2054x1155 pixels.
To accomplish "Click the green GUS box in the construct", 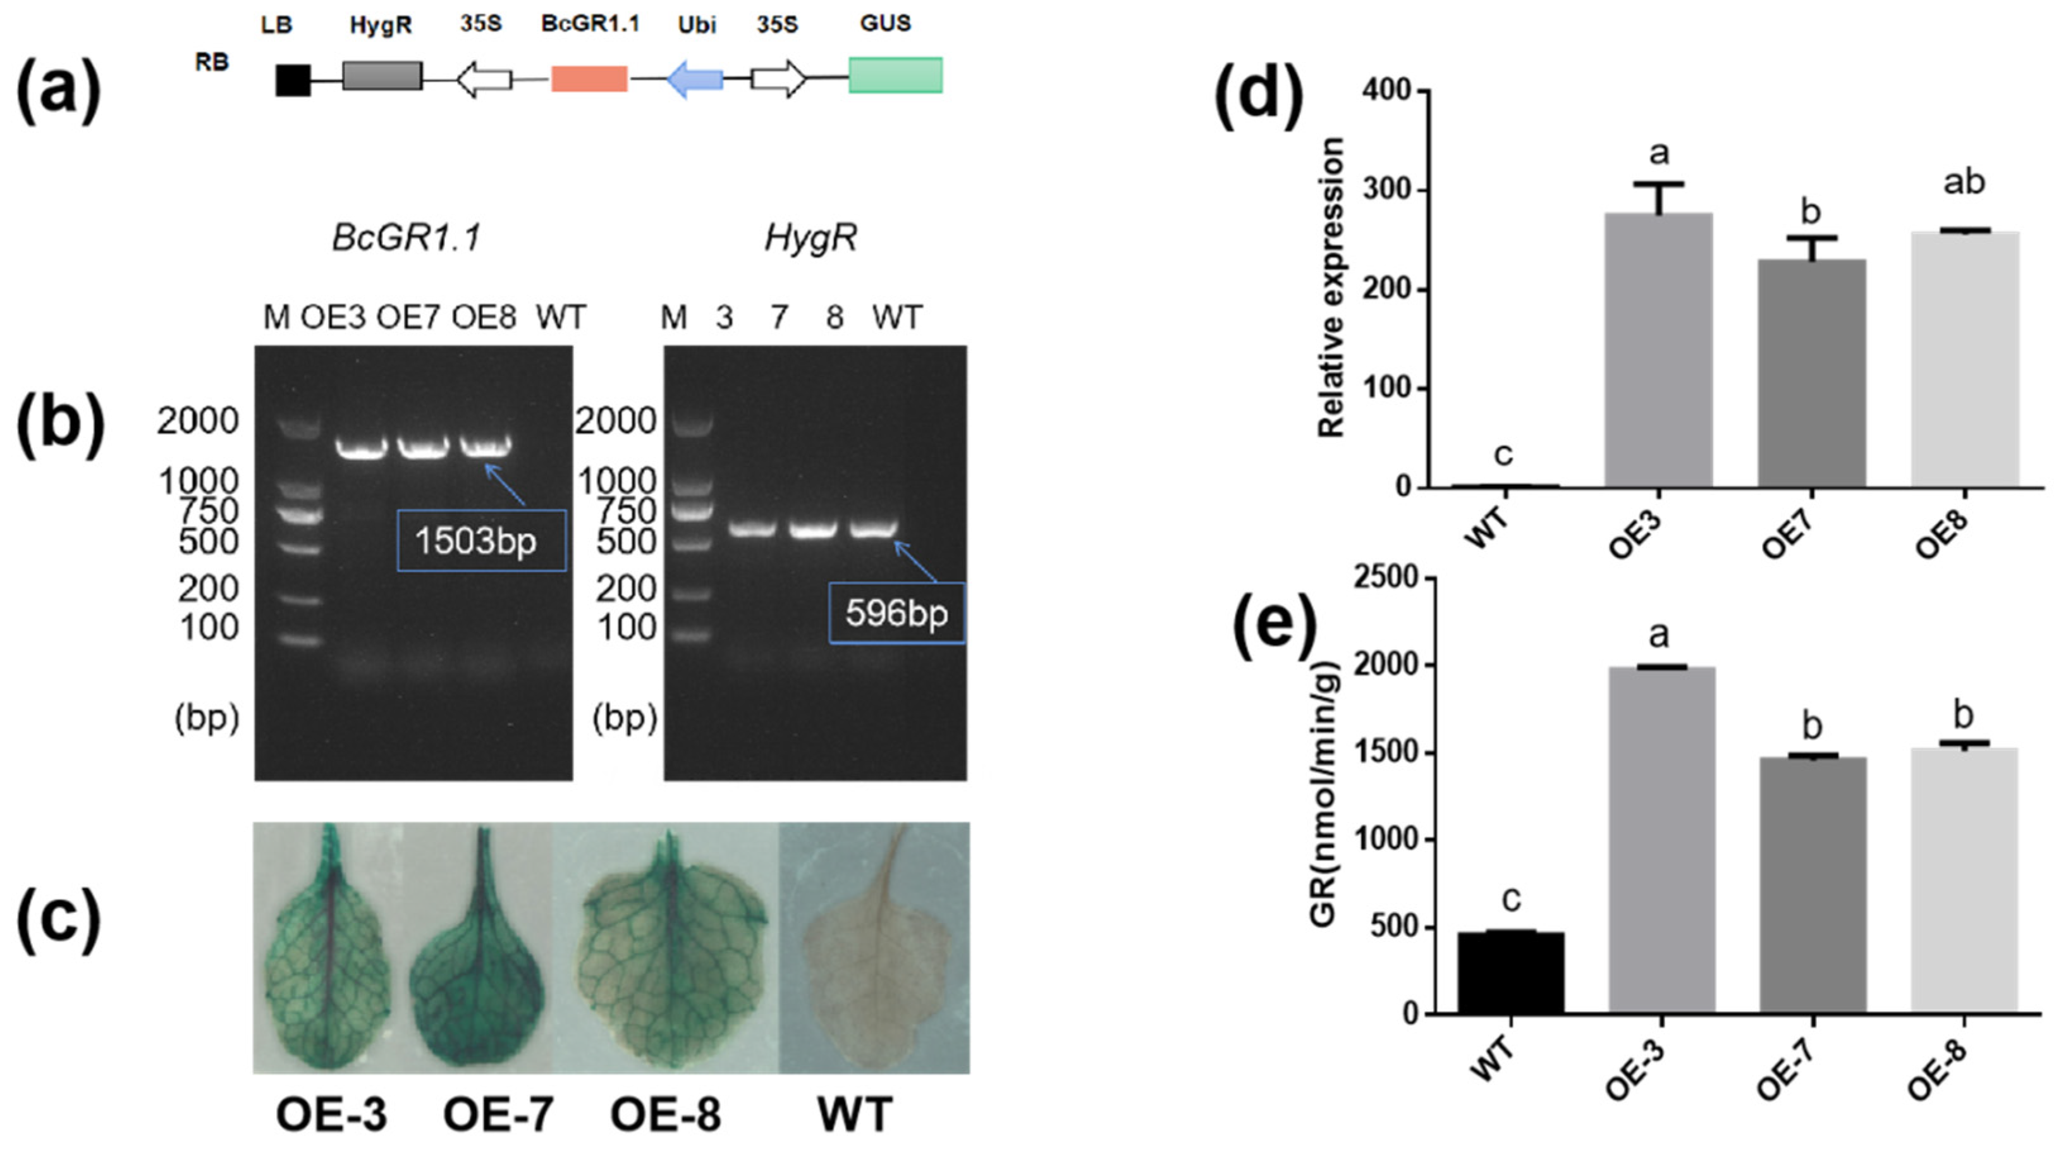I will point(895,76).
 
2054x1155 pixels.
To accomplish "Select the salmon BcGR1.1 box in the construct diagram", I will point(589,79).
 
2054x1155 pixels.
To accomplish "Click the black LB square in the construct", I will point(293,80).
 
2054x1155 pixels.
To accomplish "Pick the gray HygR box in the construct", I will point(382,76).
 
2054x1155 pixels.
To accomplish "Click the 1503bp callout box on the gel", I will point(481,541).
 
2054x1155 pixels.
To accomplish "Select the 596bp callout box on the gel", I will point(896,613).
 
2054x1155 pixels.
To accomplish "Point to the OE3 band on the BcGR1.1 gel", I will point(360,448).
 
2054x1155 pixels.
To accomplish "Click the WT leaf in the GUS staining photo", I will point(876,948).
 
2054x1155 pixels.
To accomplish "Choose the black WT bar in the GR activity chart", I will point(1510,972).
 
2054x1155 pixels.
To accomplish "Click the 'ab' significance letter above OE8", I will point(1964,183).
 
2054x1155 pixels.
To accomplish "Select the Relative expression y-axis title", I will point(1331,287).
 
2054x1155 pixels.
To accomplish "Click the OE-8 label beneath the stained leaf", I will point(665,1115).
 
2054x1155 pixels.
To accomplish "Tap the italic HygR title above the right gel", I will point(810,238).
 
